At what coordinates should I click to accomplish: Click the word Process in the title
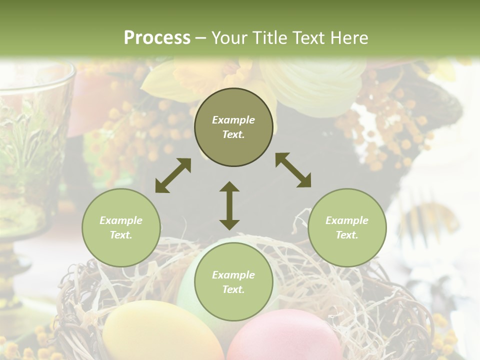click(x=157, y=37)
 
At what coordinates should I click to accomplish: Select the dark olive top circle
click(x=233, y=127)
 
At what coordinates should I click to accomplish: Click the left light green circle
click(x=121, y=227)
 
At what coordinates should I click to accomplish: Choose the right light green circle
click(x=347, y=227)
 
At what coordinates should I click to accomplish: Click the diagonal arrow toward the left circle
click(x=173, y=175)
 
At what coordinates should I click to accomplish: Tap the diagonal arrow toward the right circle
click(x=293, y=170)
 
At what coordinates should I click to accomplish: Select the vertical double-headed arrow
click(x=229, y=205)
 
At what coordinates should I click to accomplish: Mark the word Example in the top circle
click(x=233, y=120)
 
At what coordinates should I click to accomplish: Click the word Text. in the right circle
click(x=347, y=235)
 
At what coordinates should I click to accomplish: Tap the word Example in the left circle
click(x=121, y=220)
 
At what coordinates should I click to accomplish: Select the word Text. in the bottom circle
click(x=233, y=289)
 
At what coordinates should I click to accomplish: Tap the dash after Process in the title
click(x=200, y=38)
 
